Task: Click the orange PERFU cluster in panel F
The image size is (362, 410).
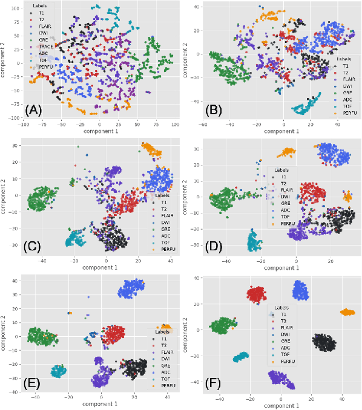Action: [x=347, y=312]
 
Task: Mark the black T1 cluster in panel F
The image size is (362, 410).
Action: [x=324, y=342]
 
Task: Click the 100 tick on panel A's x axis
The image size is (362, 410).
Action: [x=175, y=125]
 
